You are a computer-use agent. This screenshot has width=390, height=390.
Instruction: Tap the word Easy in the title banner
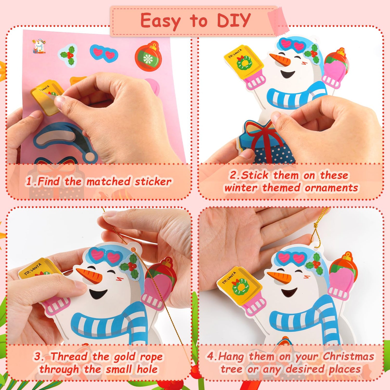[x=160, y=21]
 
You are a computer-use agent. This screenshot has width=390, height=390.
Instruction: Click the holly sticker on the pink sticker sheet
[x=68, y=55]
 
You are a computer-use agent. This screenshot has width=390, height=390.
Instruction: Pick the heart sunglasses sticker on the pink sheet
[x=104, y=53]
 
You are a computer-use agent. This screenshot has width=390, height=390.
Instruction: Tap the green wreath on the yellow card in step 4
[x=241, y=286]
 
